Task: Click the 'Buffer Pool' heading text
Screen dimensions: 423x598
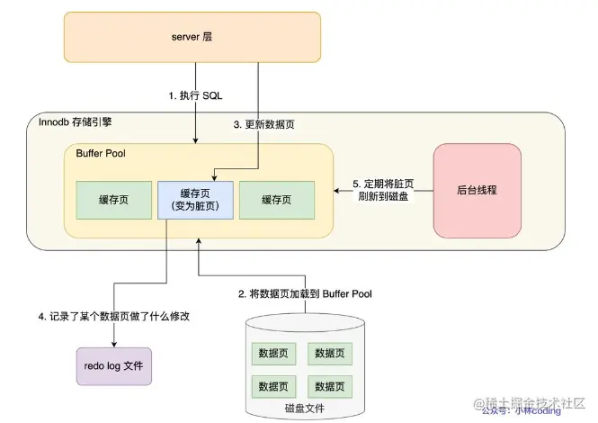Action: [100, 154]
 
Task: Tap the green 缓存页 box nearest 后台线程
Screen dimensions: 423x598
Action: [276, 200]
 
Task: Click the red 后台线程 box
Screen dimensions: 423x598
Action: [477, 190]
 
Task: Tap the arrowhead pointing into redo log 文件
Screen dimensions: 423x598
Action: [113, 343]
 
